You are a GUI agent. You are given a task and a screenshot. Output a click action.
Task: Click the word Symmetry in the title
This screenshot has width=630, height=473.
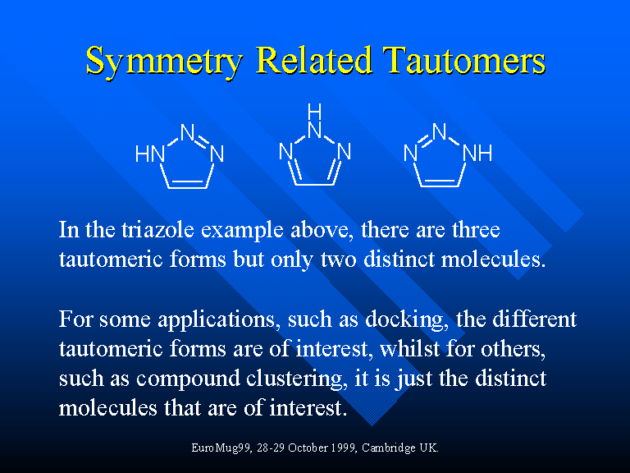(164, 61)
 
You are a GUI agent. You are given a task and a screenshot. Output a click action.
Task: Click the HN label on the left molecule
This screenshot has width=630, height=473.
(150, 154)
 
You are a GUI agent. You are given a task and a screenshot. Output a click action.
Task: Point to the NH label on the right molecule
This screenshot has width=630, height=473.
(477, 154)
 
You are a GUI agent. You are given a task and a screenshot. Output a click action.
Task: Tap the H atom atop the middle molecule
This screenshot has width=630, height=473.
(315, 112)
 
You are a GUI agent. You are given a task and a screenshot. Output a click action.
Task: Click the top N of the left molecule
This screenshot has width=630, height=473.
(188, 132)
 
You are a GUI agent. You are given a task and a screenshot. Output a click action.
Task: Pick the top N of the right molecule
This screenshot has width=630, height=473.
(440, 131)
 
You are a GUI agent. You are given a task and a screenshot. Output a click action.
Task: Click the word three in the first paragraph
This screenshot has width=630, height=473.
(476, 230)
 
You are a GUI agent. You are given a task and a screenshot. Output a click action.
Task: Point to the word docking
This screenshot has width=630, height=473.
(407, 320)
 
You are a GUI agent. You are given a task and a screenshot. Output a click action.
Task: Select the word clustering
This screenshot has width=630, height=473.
(297, 379)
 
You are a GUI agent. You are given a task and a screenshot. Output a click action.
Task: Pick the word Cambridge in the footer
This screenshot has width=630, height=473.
(389, 448)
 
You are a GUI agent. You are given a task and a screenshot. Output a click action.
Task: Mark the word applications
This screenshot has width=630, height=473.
(217, 320)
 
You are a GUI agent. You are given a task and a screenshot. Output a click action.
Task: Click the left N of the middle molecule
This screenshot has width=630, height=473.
(285, 152)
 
